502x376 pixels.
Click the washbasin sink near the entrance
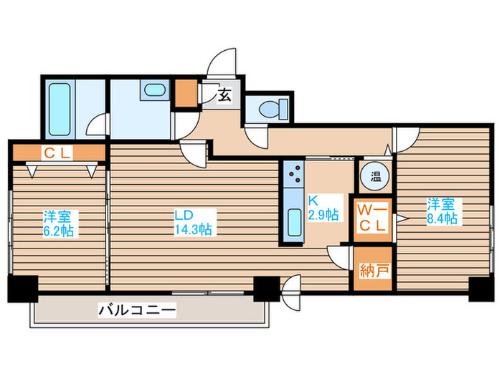[x=153, y=92]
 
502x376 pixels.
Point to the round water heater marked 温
[x=374, y=175]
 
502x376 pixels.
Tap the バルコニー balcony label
[x=137, y=310]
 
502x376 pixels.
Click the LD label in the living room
[x=185, y=214]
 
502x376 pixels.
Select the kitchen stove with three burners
[x=294, y=174]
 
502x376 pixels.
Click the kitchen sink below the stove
[x=294, y=222]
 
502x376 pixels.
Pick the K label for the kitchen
[x=313, y=201]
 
